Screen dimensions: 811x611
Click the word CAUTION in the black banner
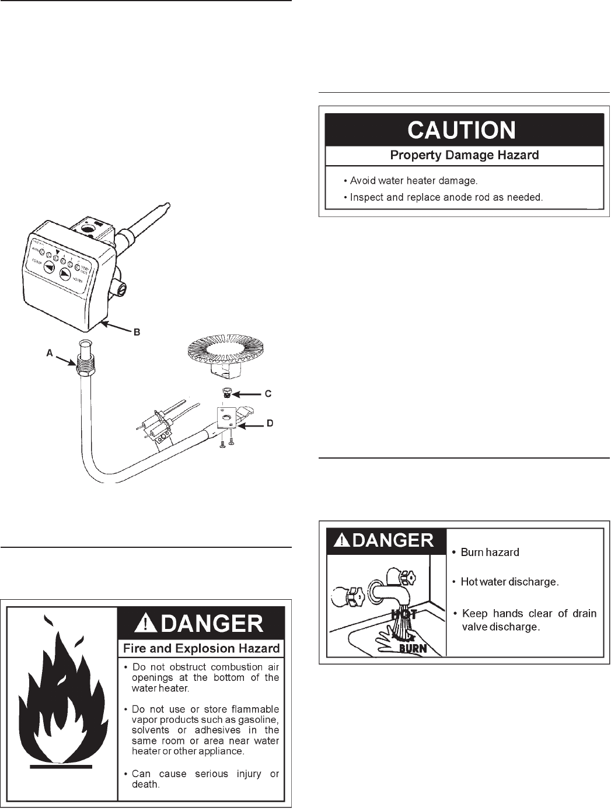[x=461, y=130]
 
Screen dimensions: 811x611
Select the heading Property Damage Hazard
[x=464, y=155]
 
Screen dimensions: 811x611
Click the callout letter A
[x=50, y=353]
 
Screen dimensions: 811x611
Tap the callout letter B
[x=137, y=332]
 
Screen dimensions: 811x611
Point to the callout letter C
[x=268, y=394]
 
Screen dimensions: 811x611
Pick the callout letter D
[x=270, y=423]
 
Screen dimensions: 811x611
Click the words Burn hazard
[x=490, y=552]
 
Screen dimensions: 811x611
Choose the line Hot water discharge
[x=509, y=582]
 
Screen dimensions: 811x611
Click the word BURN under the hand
[x=413, y=648]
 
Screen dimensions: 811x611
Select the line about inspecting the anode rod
[x=446, y=197]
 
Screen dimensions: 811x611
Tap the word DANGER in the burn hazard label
[x=393, y=540]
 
